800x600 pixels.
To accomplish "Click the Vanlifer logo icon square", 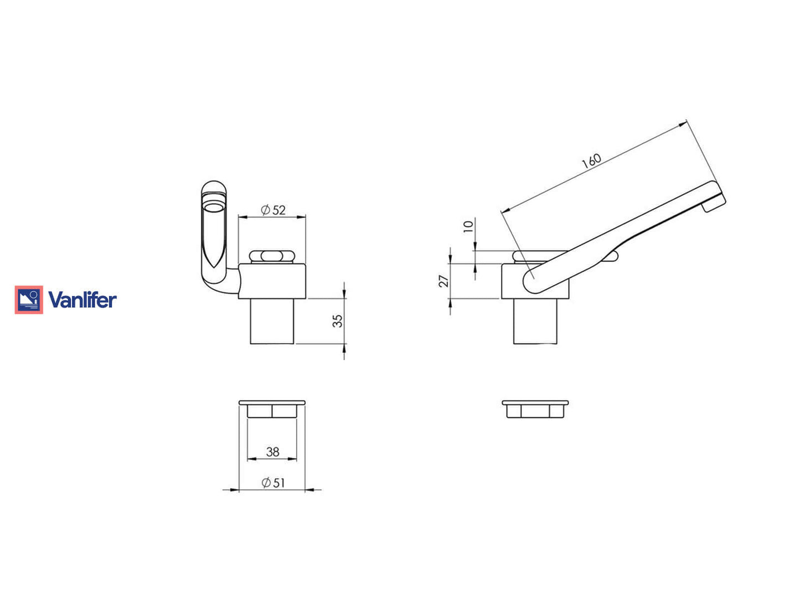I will coord(29,300).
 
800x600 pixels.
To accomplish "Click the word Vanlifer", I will coord(82,300).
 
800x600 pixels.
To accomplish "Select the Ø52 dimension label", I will coord(273,210).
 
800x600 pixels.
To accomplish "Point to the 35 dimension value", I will coord(337,321).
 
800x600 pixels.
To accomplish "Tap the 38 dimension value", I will coord(272,452).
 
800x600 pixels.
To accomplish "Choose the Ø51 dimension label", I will coord(273,483).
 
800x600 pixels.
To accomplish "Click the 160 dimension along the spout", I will coord(591,161).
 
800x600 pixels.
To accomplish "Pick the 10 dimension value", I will coord(468,226).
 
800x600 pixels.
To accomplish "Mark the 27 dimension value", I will coord(443,281).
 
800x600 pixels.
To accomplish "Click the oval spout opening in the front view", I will coord(214,208).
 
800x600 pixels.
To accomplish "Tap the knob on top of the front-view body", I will coord(272,256).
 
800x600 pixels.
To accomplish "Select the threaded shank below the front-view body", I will coord(272,322).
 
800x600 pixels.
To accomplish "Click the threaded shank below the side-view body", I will coord(535,322).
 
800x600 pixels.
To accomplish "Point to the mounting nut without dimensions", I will coord(535,409).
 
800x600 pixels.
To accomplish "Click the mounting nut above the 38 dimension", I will coord(272,410).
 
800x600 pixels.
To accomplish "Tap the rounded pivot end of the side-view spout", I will coord(533,282).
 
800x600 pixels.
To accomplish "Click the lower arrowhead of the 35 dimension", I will coord(344,348).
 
